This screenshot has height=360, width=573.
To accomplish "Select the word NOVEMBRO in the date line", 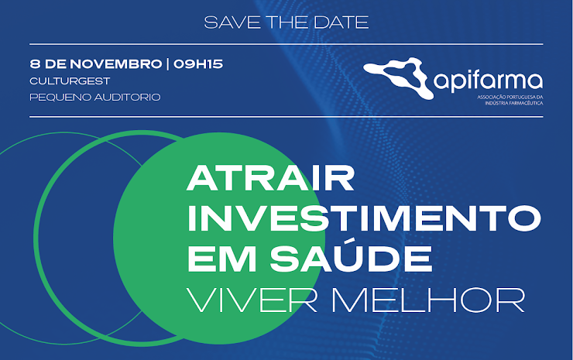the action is (116, 64).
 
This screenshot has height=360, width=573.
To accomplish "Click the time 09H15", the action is (198, 64).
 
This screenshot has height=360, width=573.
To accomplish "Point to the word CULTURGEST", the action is (70, 81).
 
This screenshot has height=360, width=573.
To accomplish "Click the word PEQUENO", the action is (60, 98).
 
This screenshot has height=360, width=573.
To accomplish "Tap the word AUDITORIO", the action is (128, 98).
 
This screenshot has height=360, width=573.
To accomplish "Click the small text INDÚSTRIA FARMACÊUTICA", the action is (514, 103).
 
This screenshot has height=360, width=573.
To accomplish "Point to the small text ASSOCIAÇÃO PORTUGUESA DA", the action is (510, 98).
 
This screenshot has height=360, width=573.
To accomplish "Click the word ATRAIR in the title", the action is (270, 178).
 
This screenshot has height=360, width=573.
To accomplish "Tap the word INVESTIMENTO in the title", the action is (364, 218).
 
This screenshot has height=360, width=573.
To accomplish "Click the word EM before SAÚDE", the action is (221, 259).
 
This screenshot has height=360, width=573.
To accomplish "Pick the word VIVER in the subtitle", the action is (252, 300).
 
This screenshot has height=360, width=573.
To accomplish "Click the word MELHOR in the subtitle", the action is (428, 300).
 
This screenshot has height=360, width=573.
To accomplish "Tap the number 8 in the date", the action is (35, 64).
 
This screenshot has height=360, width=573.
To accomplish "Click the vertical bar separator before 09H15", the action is (168, 64).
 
